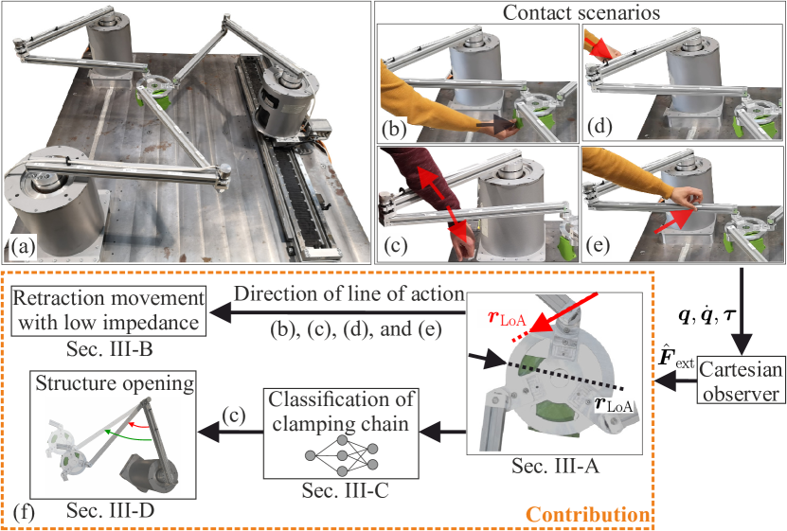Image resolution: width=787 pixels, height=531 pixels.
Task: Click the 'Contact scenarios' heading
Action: (581, 12)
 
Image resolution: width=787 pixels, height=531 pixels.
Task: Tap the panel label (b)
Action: (394, 129)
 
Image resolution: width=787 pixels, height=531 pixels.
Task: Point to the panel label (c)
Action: (394, 245)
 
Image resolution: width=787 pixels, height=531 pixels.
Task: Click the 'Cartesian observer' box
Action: (741, 381)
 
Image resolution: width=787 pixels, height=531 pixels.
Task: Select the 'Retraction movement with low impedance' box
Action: (108, 310)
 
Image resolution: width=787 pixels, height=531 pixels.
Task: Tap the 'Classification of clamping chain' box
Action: (341, 433)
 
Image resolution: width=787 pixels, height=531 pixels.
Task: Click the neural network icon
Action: (341, 456)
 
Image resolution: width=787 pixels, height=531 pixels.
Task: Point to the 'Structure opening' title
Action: (115, 383)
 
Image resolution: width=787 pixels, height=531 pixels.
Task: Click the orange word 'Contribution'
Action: (587, 515)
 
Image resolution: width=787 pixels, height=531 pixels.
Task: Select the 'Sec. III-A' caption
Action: (556, 467)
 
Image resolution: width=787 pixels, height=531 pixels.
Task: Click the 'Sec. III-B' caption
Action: (110, 348)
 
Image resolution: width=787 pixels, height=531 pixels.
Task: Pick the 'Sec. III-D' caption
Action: (111, 510)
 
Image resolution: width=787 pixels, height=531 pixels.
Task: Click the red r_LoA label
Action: (507, 319)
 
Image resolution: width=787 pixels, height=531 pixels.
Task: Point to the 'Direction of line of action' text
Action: (349, 294)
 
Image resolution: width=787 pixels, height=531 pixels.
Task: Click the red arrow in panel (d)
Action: (599, 46)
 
